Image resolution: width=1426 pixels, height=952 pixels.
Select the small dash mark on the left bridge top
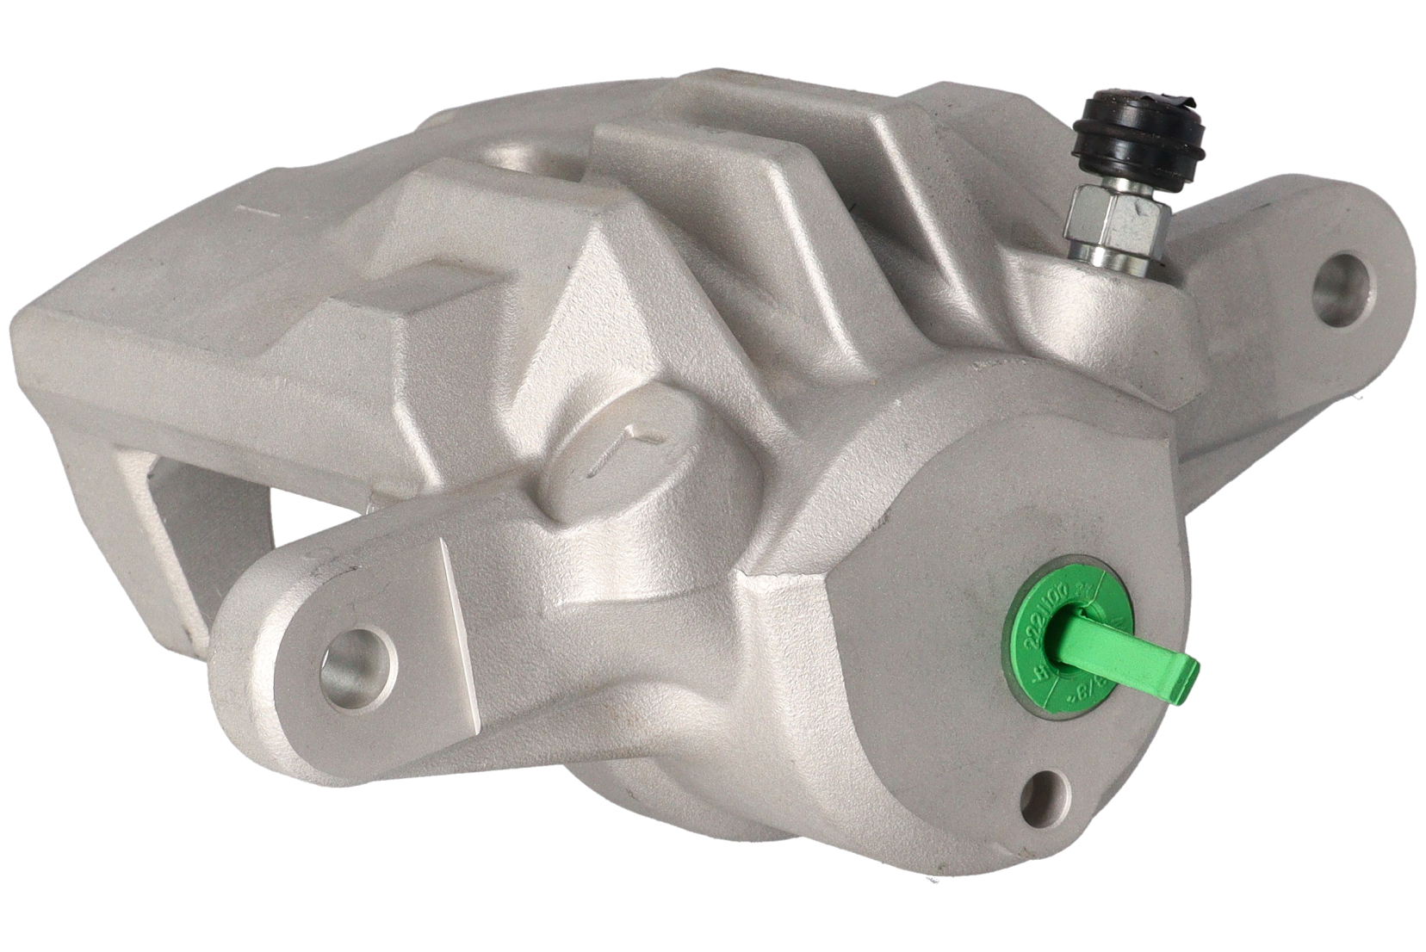pos(248,208)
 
